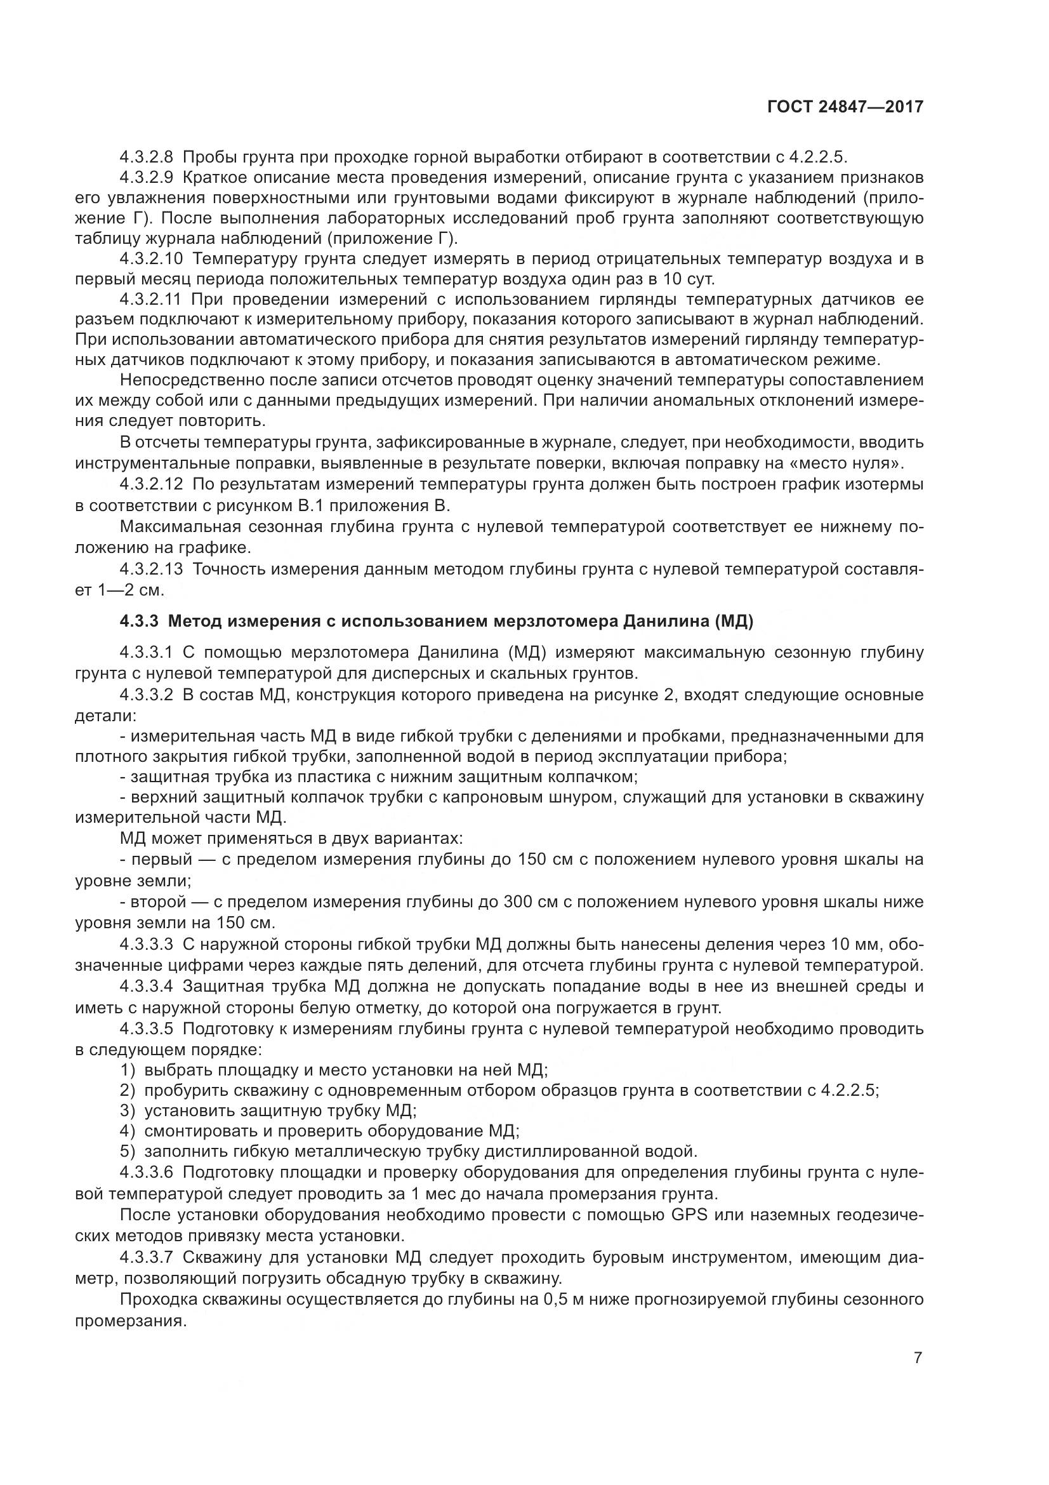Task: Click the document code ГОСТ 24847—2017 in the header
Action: click(845, 107)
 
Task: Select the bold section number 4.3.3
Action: click(139, 622)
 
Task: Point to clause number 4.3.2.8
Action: click(146, 157)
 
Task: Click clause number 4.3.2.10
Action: click(151, 260)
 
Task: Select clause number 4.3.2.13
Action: click(151, 569)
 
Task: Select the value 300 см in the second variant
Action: click(538, 902)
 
